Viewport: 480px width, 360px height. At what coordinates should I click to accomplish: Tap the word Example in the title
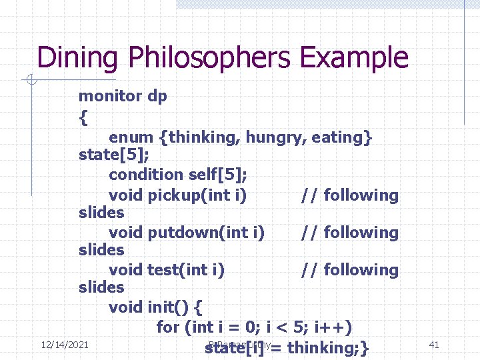353,58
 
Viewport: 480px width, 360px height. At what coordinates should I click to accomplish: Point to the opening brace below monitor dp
83,119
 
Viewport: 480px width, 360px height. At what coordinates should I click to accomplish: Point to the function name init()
169,307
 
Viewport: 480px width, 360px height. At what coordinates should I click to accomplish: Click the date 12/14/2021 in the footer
65,345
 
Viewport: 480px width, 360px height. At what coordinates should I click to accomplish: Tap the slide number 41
434,345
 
